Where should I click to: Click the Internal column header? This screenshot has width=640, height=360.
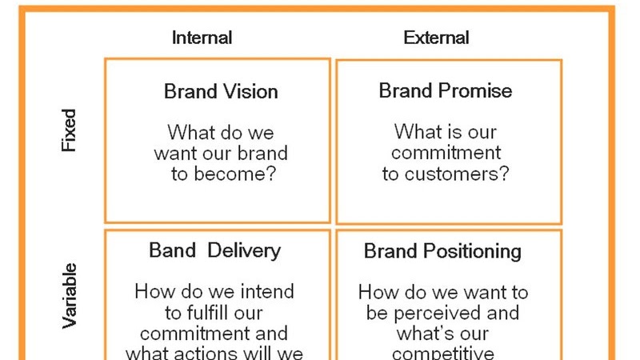(202, 38)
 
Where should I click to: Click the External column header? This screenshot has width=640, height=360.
(436, 38)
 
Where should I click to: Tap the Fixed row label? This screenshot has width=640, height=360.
(69, 131)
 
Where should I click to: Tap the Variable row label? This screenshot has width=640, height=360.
(69, 295)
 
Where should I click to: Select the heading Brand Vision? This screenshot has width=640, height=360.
(221, 91)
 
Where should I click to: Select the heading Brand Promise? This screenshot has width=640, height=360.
(445, 90)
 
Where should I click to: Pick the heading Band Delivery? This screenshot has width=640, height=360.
(214, 250)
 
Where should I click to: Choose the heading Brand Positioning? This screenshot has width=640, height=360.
(442, 251)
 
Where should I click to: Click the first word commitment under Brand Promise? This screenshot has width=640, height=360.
(446, 152)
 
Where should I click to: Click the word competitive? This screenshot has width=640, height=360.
(443, 352)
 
